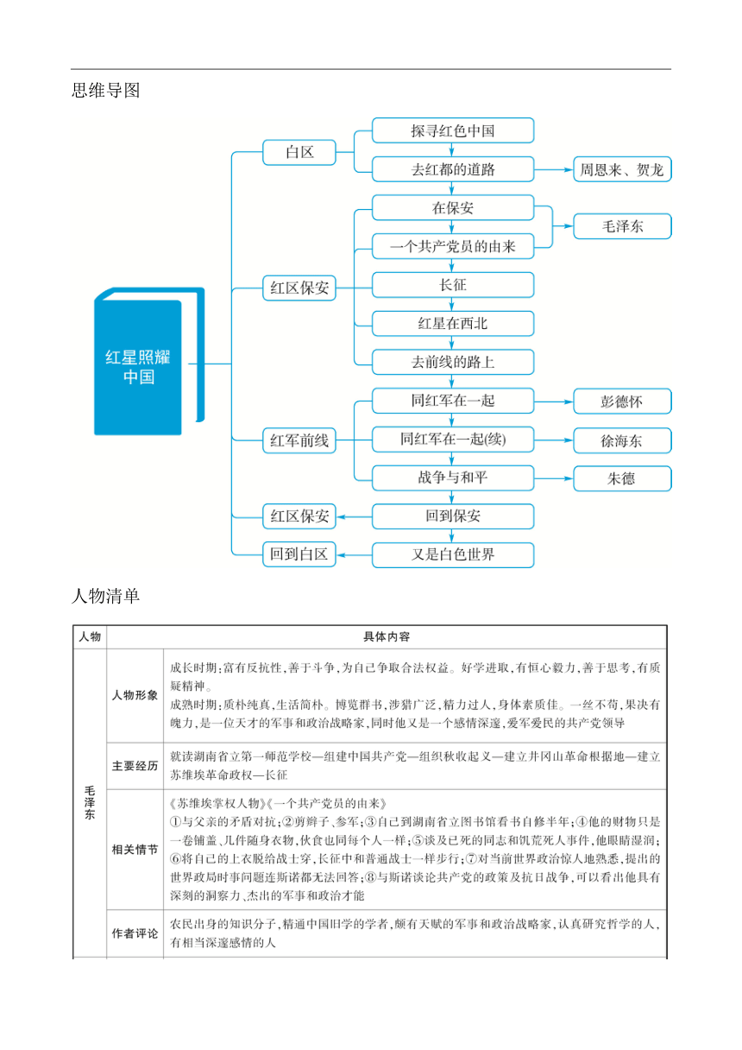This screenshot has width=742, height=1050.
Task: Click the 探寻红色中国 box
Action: pyautogui.click(x=452, y=130)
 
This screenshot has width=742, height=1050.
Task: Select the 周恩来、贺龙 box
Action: pyautogui.click(x=622, y=169)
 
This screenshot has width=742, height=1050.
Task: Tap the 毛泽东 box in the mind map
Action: pyautogui.click(x=622, y=226)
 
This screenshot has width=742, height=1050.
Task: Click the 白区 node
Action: pyautogui.click(x=299, y=152)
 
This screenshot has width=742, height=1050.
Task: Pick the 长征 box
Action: pyautogui.click(x=452, y=285)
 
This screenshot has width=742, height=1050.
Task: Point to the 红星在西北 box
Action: pyautogui.click(x=452, y=324)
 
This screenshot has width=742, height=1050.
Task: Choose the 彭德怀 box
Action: pyautogui.click(x=622, y=402)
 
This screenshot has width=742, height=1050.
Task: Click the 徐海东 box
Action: pyautogui.click(x=622, y=440)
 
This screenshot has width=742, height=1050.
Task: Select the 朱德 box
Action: pyautogui.click(x=622, y=478)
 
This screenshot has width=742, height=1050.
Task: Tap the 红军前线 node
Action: pyautogui.click(x=299, y=440)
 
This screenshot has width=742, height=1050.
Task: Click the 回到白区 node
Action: pyautogui.click(x=299, y=554)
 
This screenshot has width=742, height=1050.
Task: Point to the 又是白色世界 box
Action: pyautogui.click(x=452, y=555)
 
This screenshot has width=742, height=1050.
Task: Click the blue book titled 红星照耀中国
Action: pyautogui.click(x=149, y=362)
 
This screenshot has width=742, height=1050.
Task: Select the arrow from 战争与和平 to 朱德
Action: pyautogui.click(x=554, y=478)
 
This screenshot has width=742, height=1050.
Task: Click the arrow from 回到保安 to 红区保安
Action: pyautogui.click(x=354, y=517)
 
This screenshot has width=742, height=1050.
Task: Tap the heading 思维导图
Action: pyautogui.click(x=106, y=90)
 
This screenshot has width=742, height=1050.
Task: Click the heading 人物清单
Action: pyautogui.click(x=106, y=596)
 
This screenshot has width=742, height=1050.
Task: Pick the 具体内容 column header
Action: pyautogui.click(x=387, y=636)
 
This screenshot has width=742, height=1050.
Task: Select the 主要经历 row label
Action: pyautogui.click(x=135, y=766)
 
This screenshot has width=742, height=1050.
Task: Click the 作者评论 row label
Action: pyautogui.click(x=135, y=933)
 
